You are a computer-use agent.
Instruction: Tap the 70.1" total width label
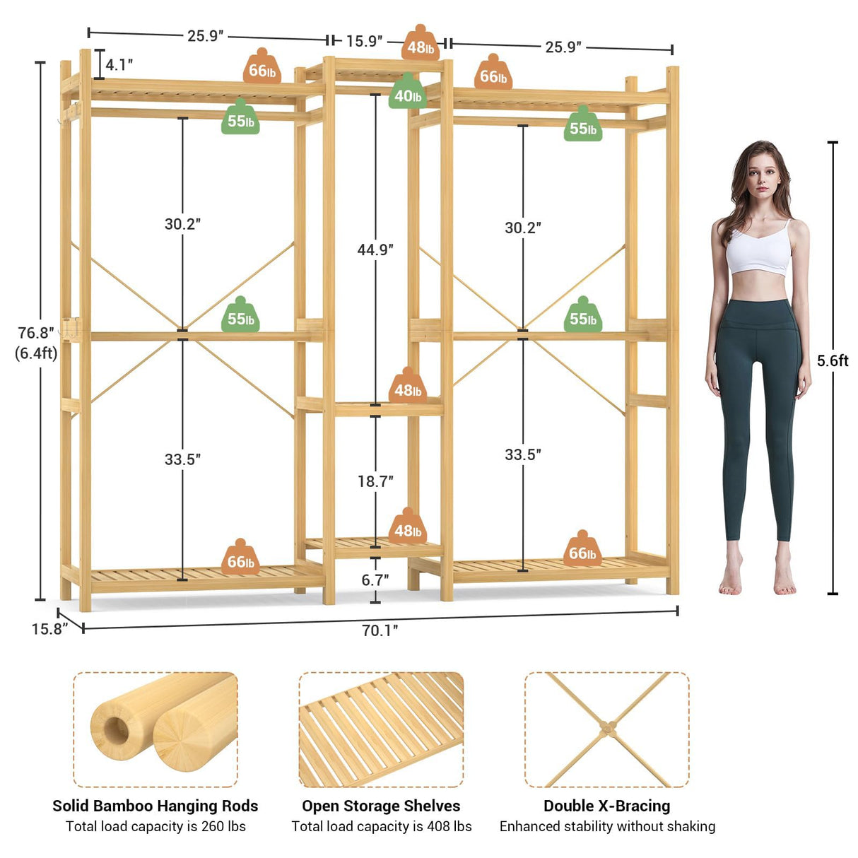[x=380, y=630]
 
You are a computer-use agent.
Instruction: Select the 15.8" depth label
[x=48, y=628]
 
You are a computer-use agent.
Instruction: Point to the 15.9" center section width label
[x=364, y=41]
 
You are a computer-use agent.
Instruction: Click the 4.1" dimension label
[x=119, y=65]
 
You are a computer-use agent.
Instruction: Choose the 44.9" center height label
[x=375, y=249]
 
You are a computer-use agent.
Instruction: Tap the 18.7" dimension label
[x=375, y=481]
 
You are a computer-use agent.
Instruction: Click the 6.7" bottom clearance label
[x=375, y=580]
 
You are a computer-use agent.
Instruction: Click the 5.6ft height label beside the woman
[x=833, y=360]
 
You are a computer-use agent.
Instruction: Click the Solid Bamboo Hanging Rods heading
[x=155, y=806]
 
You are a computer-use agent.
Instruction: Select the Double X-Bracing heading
[x=606, y=806]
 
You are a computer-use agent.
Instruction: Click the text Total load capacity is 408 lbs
[x=381, y=826]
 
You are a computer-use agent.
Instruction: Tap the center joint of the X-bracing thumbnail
[x=606, y=727]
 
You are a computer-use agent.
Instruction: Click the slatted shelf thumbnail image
[x=381, y=729]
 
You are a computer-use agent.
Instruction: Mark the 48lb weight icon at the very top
[x=421, y=45]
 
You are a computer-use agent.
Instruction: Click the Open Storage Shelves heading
[x=381, y=806]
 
